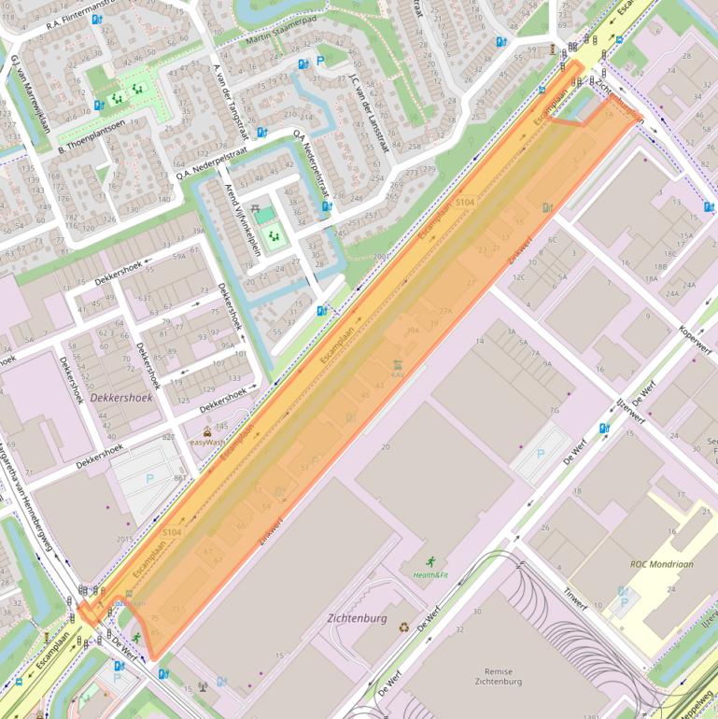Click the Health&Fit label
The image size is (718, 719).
[430, 575]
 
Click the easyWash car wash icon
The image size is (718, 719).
[207, 431]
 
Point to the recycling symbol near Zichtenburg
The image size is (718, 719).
[403, 627]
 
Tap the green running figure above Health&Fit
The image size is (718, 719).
[430, 561]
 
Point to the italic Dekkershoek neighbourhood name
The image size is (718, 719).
[123, 398]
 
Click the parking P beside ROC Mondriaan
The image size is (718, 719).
[624, 602]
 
